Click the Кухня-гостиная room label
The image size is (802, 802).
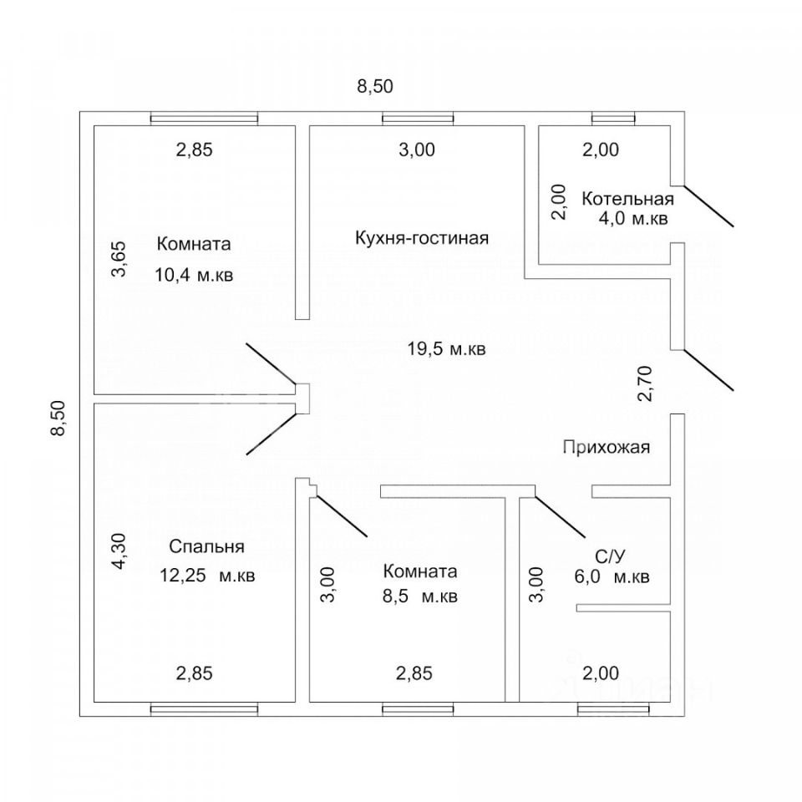tap(422, 238)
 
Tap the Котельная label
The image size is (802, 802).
tap(627, 199)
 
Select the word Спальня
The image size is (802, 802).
tap(206, 546)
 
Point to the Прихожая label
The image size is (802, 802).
tap(607, 447)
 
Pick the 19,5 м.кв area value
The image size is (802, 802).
tap(446, 349)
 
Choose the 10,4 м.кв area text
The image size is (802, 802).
tap(194, 275)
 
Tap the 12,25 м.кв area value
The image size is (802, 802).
tap(207, 576)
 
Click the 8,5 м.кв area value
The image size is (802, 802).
tap(420, 596)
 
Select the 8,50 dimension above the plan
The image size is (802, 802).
tap(375, 86)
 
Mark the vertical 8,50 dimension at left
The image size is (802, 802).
tap(58, 418)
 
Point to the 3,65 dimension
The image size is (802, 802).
tap(119, 259)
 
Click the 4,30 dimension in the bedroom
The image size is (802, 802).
tap(119, 551)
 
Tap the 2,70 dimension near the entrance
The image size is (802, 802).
tap(645, 383)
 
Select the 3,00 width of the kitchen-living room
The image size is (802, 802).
tap(417, 150)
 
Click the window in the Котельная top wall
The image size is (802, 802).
tap(613, 119)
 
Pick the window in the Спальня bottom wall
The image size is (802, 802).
tap(204, 709)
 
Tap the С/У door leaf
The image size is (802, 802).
tap(560, 516)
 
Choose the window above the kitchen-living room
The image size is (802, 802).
tap(418, 119)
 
